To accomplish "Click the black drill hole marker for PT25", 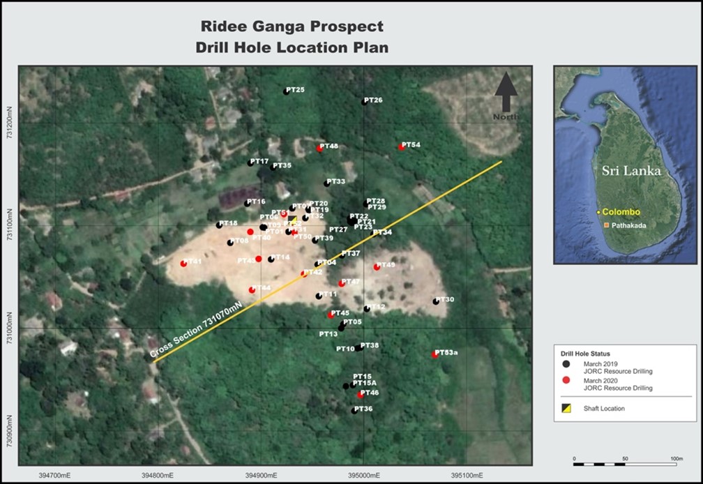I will coord(286,91).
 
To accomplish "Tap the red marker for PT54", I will coord(402,146).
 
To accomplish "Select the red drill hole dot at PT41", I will coord(183,264).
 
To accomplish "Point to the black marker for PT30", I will coord(436,301).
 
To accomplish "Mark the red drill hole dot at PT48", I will coord(319,148).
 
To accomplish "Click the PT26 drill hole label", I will coord(375,100).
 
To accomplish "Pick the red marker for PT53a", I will coord(434,354).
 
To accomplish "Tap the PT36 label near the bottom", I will coord(364,409).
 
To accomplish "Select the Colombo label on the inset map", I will coord(622,212).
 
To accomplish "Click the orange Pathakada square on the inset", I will coord(606,225).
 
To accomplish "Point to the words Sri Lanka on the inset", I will coord(630,169).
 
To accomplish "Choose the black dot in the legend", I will coord(567,364).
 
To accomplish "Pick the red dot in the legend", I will coord(567,380).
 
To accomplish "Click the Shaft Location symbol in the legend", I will coord(567,408).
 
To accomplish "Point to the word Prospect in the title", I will coord(348,27).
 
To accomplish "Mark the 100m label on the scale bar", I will coord(676,458).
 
